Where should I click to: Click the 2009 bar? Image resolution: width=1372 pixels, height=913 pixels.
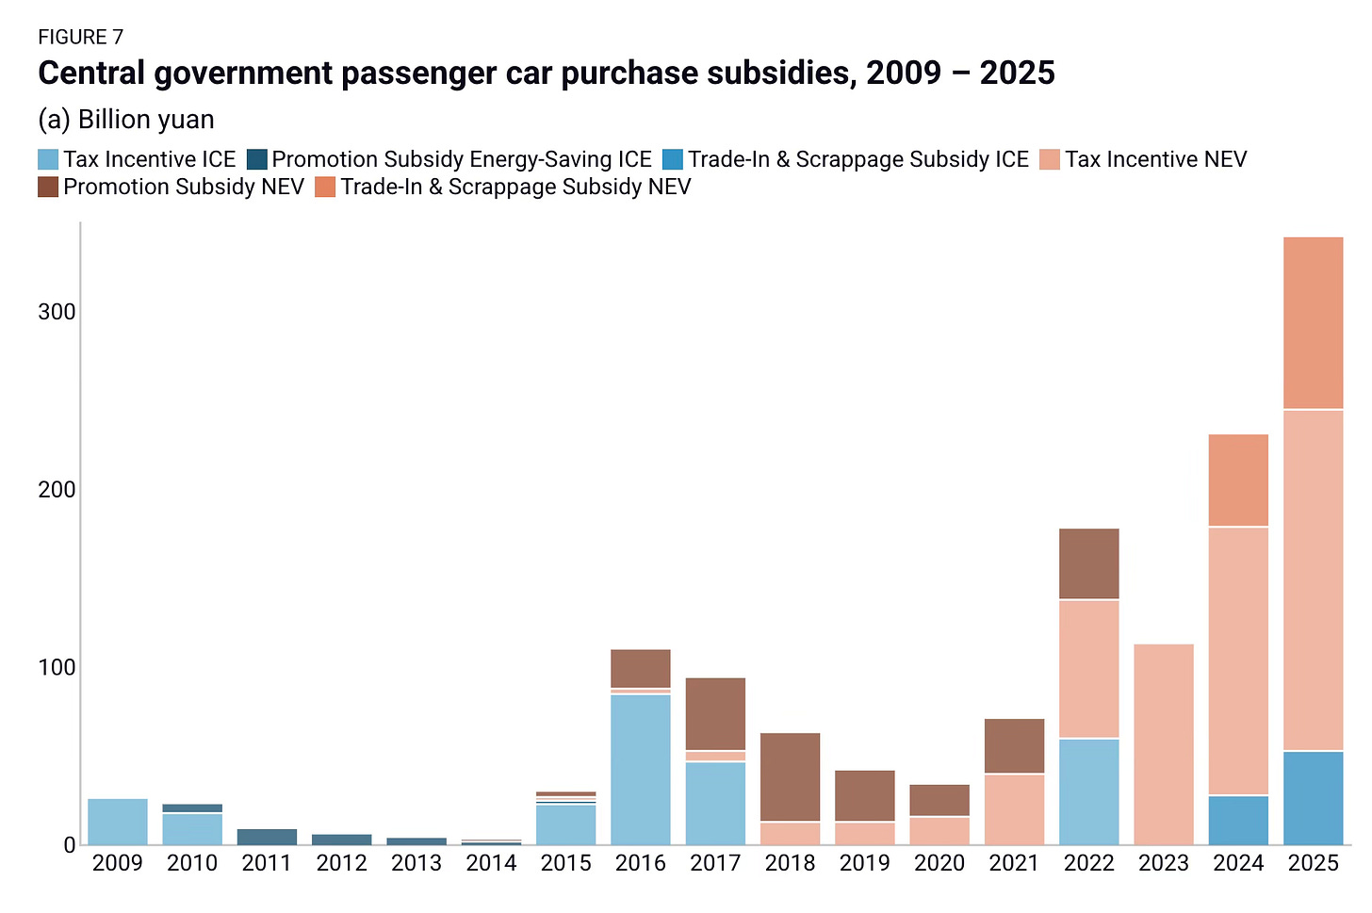(x=118, y=822)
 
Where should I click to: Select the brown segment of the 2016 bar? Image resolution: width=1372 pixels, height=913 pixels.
(x=641, y=668)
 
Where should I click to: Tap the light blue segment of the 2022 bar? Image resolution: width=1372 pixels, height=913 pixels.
(x=1089, y=791)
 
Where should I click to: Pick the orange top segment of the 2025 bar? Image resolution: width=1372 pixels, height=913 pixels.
(x=1313, y=323)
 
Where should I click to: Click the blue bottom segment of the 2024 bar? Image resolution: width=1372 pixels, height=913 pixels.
(x=1238, y=821)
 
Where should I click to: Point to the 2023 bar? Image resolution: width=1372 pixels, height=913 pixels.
(x=1164, y=744)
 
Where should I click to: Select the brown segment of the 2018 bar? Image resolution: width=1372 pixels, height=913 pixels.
(x=790, y=777)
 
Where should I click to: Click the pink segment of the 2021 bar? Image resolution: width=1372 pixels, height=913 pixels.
(x=1014, y=809)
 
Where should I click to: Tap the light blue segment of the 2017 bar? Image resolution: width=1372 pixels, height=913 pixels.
(x=715, y=803)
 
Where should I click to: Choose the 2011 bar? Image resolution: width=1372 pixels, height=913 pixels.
(x=267, y=837)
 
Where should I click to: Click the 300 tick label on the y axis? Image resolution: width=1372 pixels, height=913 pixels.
(x=57, y=312)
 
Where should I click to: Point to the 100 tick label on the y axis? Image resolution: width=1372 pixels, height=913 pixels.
(x=57, y=667)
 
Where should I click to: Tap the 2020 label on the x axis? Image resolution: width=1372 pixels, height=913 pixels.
(x=939, y=863)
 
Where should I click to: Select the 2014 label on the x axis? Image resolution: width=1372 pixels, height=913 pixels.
(x=491, y=863)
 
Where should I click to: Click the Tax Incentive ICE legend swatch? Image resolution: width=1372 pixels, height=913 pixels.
(x=49, y=160)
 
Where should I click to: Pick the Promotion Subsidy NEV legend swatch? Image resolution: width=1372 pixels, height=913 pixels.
(x=49, y=187)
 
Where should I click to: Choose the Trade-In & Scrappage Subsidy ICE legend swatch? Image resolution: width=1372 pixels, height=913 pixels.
(x=673, y=160)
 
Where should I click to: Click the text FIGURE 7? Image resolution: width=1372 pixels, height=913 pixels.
(x=81, y=38)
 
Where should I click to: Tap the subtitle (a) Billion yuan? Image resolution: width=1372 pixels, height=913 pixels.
(x=126, y=120)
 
